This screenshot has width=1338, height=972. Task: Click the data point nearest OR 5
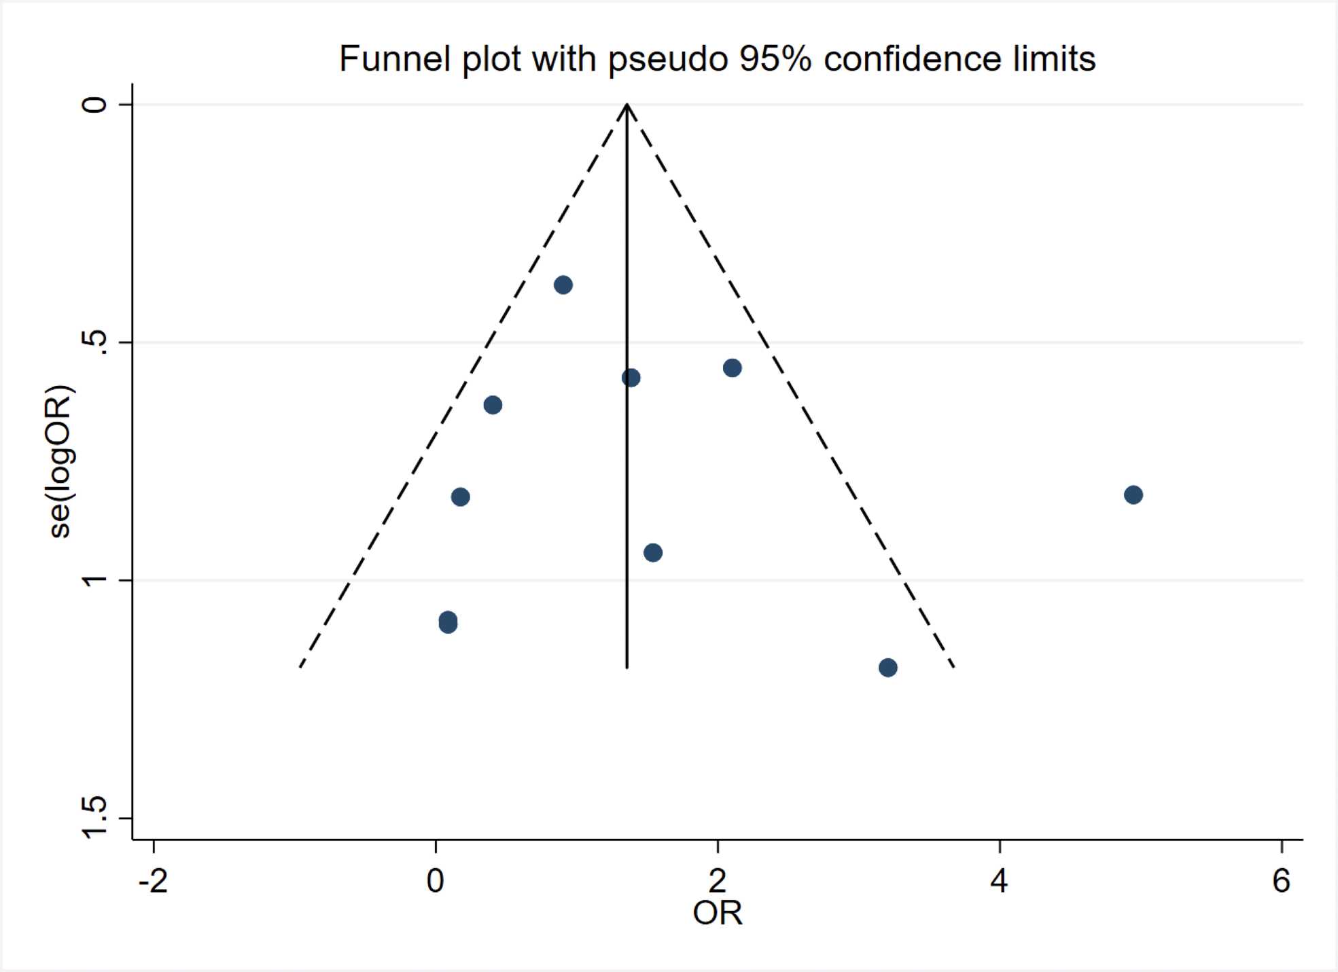pos(1133,494)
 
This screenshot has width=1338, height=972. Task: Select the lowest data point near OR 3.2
pos(887,668)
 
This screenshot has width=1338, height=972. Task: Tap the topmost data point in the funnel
pos(563,285)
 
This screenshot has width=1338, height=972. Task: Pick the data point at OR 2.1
pos(732,368)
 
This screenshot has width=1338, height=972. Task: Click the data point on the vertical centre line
pos(631,378)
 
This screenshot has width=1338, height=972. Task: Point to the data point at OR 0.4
pos(493,406)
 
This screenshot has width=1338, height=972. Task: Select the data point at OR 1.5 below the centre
pos(652,553)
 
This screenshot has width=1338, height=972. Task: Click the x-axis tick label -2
pos(153,881)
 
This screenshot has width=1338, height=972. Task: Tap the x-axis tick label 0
pos(435,881)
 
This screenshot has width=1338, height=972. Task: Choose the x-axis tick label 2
pos(718,881)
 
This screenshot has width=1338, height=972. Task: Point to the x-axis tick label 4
pos(999,881)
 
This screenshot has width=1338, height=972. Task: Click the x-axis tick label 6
pos(1281,881)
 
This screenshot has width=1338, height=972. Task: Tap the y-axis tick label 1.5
pos(95,818)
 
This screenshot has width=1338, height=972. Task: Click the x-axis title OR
pos(718,914)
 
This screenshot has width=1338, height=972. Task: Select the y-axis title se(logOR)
pos(61,462)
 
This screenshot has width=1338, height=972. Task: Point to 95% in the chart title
pos(775,58)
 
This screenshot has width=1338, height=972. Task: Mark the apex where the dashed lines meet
pos(627,105)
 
